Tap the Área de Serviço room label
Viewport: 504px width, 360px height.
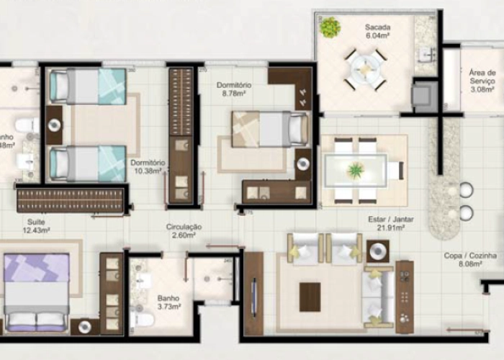(481, 81)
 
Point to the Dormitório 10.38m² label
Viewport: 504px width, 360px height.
(148, 167)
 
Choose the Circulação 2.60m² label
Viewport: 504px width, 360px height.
(183, 230)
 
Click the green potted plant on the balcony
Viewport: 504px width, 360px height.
(330, 27)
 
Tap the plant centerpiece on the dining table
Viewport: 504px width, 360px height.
(356, 171)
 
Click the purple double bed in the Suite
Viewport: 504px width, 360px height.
(37, 292)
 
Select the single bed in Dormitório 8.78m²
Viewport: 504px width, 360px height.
(271, 130)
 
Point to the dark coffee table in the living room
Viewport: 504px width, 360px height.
(310, 296)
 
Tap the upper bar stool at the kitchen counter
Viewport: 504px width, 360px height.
(466, 190)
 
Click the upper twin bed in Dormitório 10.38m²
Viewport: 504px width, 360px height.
(87, 86)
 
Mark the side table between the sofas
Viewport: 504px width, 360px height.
(378, 251)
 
